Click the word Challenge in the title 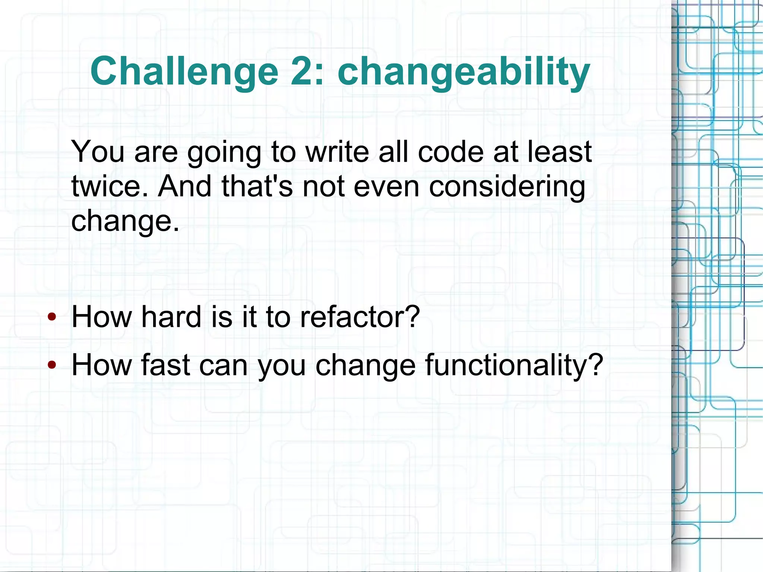click(184, 72)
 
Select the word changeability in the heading click(463, 72)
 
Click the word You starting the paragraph click(98, 152)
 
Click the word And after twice click(185, 186)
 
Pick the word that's click(257, 186)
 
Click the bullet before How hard click(52, 317)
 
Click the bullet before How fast click(52, 365)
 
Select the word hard click(171, 317)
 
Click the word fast click(165, 365)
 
